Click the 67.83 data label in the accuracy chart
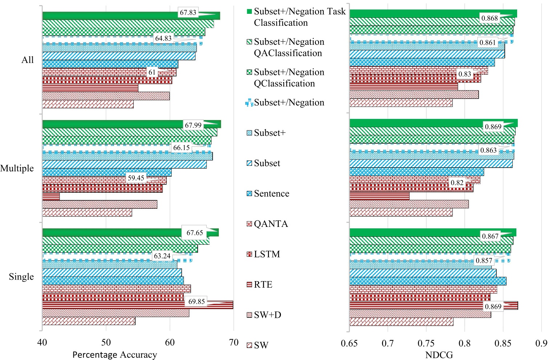[188, 13]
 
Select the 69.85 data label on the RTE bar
[197, 301]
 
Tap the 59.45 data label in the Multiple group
[136, 178]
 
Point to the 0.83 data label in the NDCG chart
[464, 74]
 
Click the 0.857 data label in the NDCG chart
[484, 260]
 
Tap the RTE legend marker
[249, 285]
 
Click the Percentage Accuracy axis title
[114, 355]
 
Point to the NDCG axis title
[439, 355]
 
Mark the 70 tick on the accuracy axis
[234, 343]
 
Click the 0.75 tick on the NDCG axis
[426, 343]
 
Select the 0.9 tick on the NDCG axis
[541, 343]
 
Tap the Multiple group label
[17, 168]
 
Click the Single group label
[21, 277]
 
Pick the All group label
[27, 60]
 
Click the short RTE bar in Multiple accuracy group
[51, 196]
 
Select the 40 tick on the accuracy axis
[42, 343]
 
